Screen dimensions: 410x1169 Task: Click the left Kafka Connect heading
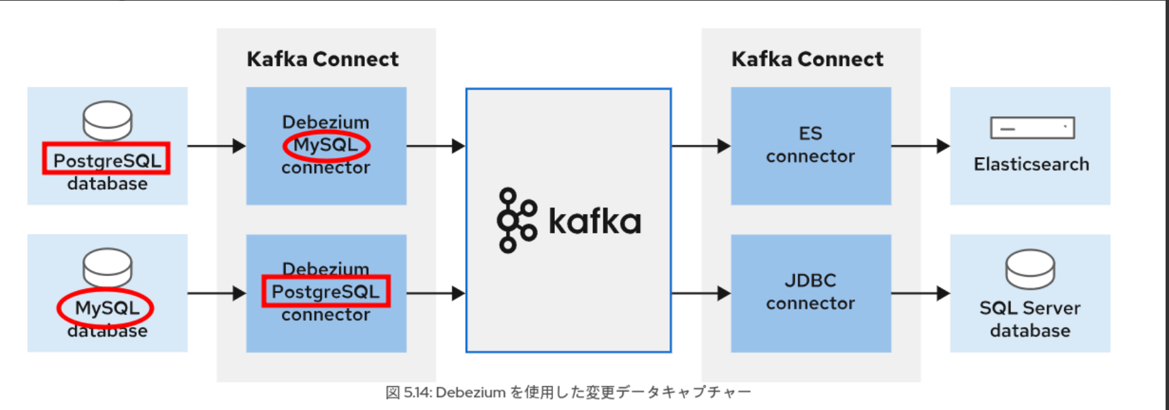tap(323, 59)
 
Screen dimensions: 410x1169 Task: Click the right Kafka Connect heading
tap(807, 59)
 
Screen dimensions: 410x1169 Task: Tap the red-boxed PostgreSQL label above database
tap(107, 160)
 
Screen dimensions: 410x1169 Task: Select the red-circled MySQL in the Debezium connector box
tap(326, 145)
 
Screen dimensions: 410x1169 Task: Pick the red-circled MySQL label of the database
tap(106, 308)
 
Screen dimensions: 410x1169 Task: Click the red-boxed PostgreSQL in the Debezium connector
tap(326, 292)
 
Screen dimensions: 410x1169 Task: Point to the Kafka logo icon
tap(517, 220)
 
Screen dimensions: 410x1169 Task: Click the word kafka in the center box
tap(594, 222)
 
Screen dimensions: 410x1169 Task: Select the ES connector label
tap(810, 145)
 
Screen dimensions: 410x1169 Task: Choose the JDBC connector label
tap(810, 292)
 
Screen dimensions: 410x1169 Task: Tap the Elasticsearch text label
tap(1031, 165)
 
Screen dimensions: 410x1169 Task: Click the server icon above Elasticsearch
tap(1032, 128)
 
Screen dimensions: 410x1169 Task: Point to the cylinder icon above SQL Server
tap(1030, 269)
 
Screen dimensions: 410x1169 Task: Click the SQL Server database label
tap(1030, 319)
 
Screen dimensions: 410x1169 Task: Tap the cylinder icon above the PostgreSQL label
tap(107, 120)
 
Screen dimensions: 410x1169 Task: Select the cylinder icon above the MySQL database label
tap(107, 267)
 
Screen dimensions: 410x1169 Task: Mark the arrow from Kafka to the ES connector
tap(701, 146)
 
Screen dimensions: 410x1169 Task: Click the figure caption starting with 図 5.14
tap(568, 392)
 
